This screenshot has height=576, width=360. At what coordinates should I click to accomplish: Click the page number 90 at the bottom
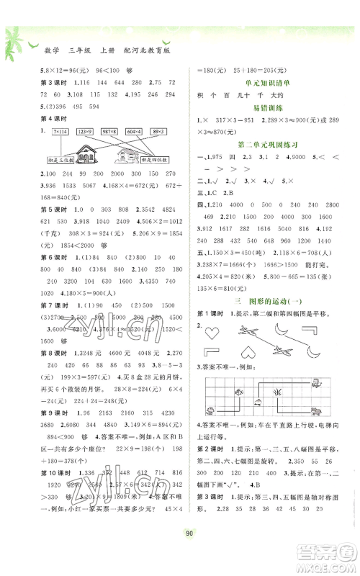click(x=179, y=553)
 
